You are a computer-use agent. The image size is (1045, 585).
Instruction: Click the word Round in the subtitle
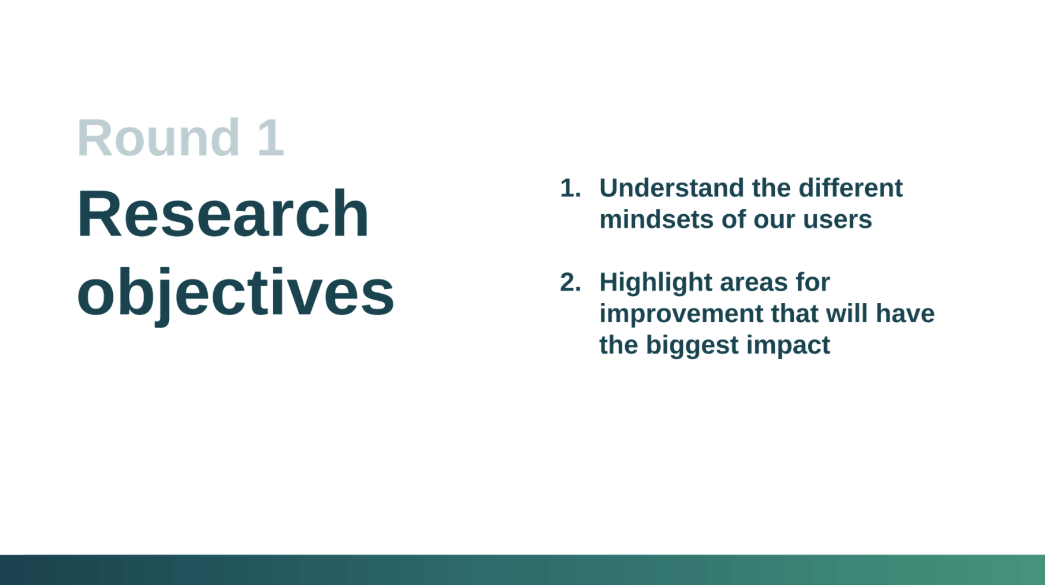(159, 138)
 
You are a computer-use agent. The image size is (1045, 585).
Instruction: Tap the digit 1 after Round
(271, 138)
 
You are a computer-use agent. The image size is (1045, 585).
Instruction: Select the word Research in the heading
(223, 214)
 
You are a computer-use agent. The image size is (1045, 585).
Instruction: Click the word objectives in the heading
(236, 293)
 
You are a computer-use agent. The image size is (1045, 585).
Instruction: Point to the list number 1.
(570, 188)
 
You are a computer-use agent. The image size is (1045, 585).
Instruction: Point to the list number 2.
(570, 282)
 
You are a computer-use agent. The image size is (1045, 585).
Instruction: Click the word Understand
(672, 188)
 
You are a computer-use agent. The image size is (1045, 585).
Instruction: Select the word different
(850, 188)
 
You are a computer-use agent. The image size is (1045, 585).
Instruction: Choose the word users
(837, 221)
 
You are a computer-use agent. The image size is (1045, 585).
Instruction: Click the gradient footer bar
(522, 570)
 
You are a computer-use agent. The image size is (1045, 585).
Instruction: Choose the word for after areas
(813, 282)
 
